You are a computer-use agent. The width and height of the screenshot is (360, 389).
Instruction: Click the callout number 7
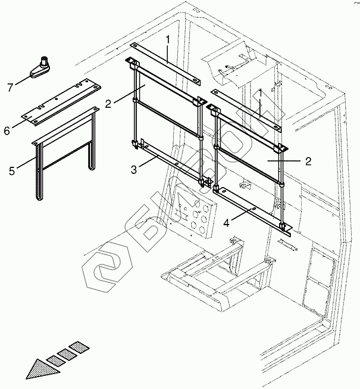point(11,88)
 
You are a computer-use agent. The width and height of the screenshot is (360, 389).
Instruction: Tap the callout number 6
point(7,130)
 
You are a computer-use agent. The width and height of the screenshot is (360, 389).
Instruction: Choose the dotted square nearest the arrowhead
point(54,359)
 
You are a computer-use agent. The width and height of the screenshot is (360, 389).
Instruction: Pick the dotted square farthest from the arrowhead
point(78,346)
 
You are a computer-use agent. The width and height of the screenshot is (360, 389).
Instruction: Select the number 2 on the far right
point(308,160)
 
